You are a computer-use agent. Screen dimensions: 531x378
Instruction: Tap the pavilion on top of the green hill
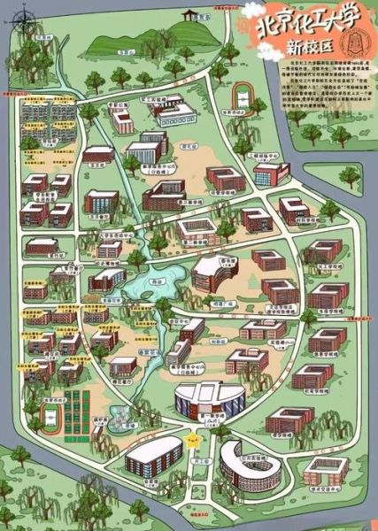[x=188, y=16]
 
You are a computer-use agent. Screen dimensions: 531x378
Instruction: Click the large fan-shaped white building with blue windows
[x=209, y=400]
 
